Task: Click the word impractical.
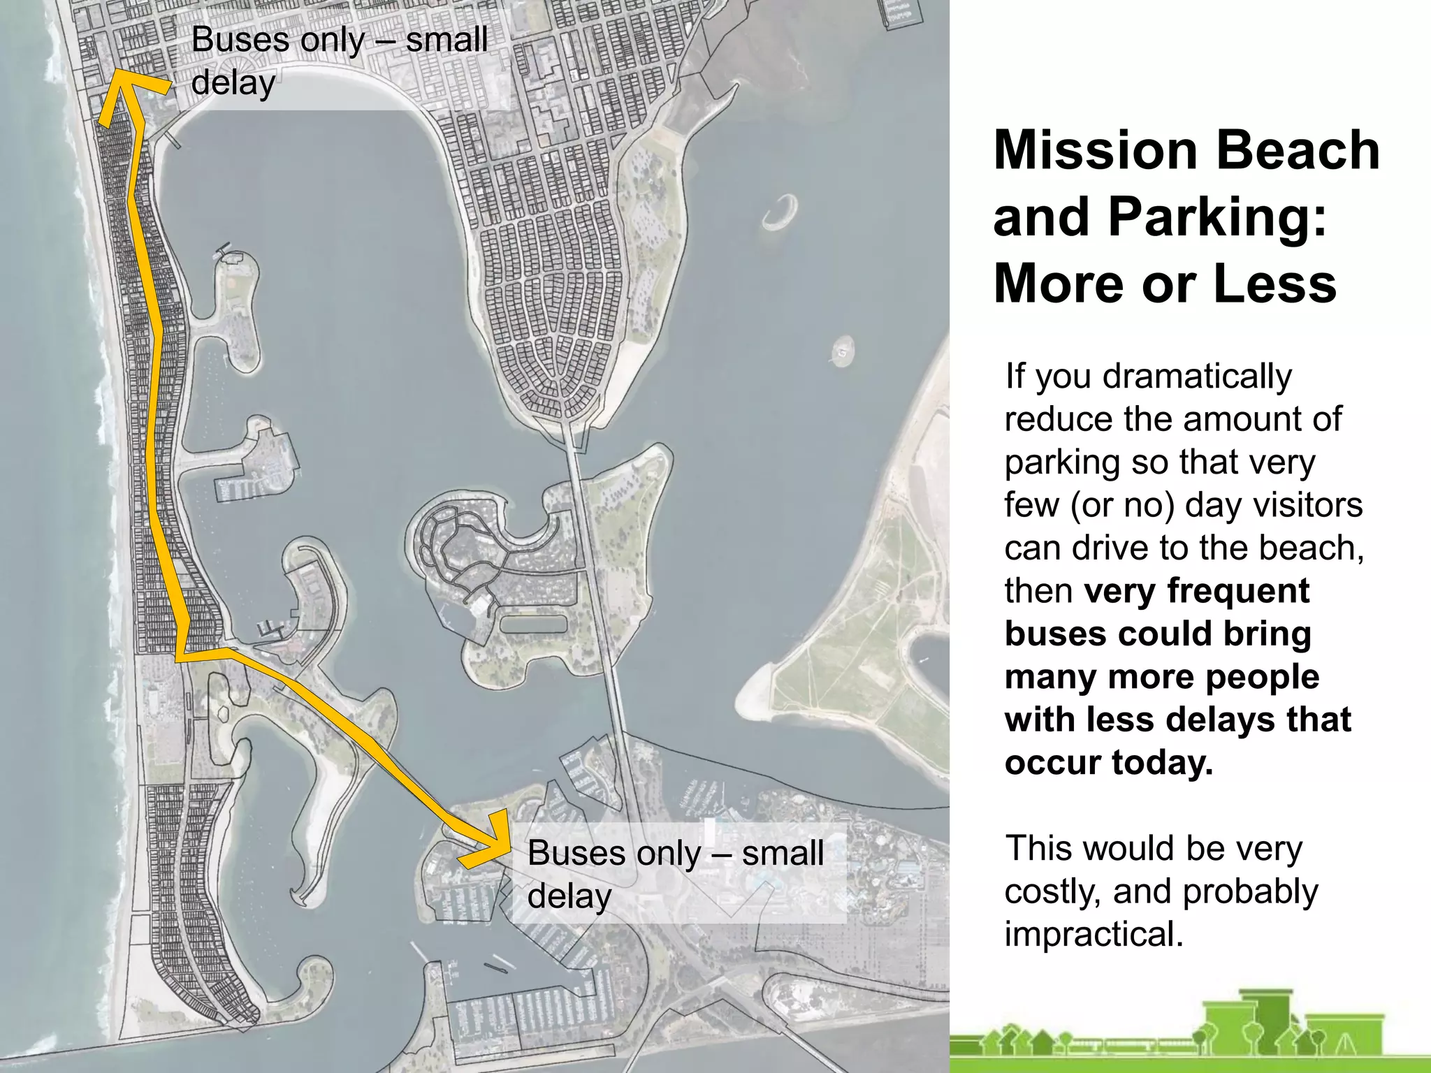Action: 1094,935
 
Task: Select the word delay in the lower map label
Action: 569,897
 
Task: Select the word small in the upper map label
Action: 446,40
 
